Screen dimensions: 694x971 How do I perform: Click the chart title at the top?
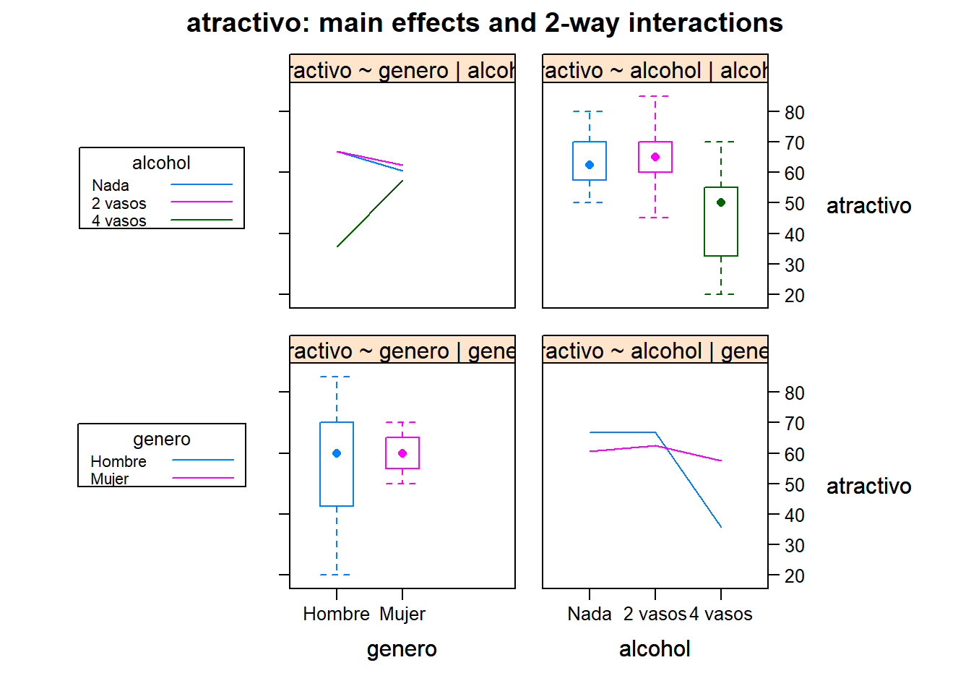click(485, 23)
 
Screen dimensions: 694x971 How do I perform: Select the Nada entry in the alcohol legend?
click(111, 186)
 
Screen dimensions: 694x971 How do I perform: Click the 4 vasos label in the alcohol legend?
click(119, 220)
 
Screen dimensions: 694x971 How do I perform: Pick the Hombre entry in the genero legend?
click(118, 461)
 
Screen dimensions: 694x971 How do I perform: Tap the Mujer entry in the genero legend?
click(110, 479)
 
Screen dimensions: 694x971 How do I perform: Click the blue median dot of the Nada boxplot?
click(590, 165)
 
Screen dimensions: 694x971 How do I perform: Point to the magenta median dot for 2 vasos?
click(655, 157)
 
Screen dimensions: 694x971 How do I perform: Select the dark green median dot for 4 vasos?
click(721, 202)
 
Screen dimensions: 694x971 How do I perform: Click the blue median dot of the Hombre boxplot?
click(337, 453)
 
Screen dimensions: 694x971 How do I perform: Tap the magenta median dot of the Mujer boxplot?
click(402, 453)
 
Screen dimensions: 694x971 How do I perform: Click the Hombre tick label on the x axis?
click(336, 614)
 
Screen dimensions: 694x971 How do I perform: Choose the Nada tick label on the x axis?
click(590, 614)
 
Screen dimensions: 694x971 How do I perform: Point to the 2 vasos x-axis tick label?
click(655, 614)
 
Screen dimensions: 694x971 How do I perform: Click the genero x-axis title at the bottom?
click(402, 648)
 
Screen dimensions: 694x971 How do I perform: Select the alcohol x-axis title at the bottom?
click(655, 648)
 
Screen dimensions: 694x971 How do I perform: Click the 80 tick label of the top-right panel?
click(795, 113)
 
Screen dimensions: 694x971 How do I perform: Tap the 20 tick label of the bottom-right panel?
click(795, 576)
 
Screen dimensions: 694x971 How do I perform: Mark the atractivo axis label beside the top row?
click(868, 206)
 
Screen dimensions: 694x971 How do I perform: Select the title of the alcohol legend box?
click(161, 163)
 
